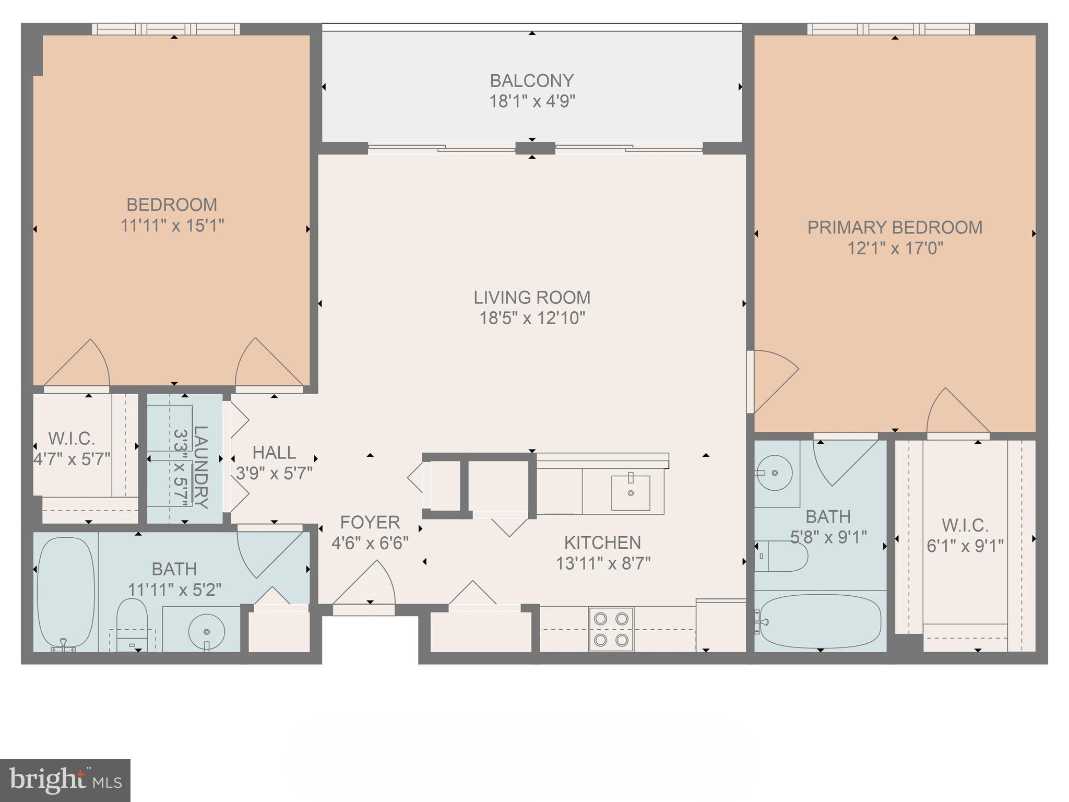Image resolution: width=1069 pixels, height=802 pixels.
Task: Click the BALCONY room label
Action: (531, 81)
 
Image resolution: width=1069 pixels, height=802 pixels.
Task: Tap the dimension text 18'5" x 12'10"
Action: (532, 318)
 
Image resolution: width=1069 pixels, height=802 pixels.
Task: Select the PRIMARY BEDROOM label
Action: (895, 228)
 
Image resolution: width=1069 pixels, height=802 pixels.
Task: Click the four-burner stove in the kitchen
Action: (611, 629)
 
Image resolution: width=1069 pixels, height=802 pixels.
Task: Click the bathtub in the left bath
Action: (66, 593)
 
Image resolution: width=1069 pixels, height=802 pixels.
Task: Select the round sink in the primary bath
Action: (775, 473)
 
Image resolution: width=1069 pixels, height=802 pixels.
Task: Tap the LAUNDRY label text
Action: (201, 467)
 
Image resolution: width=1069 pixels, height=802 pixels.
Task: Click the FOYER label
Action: (370, 522)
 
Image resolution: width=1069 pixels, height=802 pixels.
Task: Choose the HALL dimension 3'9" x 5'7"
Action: (274, 474)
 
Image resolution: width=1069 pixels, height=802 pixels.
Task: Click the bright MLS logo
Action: (65, 780)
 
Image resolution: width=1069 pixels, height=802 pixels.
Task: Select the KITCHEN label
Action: (602, 543)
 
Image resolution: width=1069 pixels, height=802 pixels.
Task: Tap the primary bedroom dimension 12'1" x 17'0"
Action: (895, 249)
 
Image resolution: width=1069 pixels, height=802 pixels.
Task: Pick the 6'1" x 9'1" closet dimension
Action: (965, 546)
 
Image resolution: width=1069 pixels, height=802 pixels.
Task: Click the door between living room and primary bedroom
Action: (773, 381)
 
